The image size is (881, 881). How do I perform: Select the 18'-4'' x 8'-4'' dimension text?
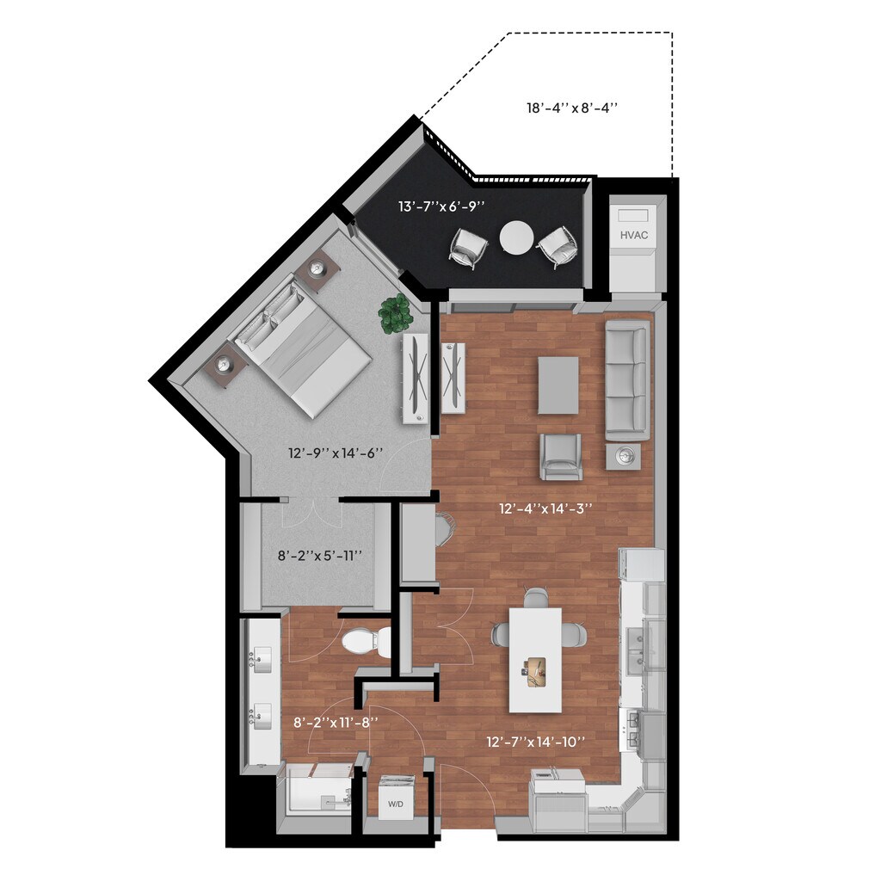573,108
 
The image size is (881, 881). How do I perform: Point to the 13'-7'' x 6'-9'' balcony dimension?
441,206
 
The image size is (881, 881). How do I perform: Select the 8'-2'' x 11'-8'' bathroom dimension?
336,723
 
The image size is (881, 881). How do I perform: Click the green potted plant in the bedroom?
396,314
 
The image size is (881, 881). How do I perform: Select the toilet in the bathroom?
366,642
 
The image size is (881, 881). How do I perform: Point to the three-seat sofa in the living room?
626,379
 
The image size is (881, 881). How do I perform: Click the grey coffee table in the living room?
558,385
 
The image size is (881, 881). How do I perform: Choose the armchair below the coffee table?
561,456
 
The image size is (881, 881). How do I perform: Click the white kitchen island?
535,660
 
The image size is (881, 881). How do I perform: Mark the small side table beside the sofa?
623,456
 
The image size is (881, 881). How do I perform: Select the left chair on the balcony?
468,248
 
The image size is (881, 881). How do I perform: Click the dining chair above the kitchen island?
535,597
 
